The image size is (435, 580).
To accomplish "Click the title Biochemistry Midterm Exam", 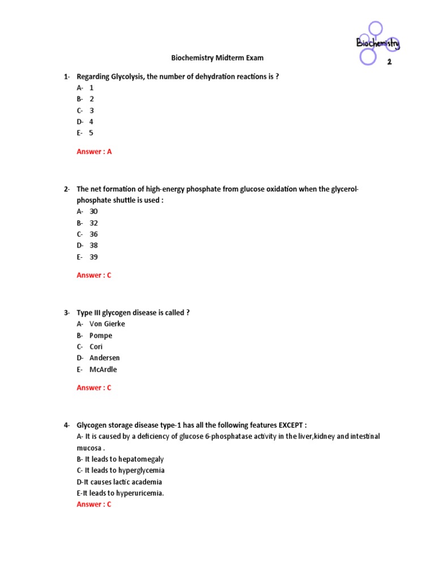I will pos(217,58).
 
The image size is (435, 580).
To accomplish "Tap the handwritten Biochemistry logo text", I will pos(377,43).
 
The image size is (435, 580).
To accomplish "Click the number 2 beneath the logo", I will pos(389,62).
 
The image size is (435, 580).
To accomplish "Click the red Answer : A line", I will pos(94,152).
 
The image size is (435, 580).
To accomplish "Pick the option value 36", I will pos(93,234).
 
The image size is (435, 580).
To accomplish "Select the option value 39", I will pos(93,257).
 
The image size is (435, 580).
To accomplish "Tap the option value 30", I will pos(93,211).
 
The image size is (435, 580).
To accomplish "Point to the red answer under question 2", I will pos(94,275).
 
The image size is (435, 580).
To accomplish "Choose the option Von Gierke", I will pos(107,324).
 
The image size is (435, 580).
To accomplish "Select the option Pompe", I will pos(101,335).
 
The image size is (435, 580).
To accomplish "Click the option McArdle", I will pos(103,369).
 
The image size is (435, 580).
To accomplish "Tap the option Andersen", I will pos(105,358).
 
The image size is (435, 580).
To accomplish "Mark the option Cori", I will pos(96,347).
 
